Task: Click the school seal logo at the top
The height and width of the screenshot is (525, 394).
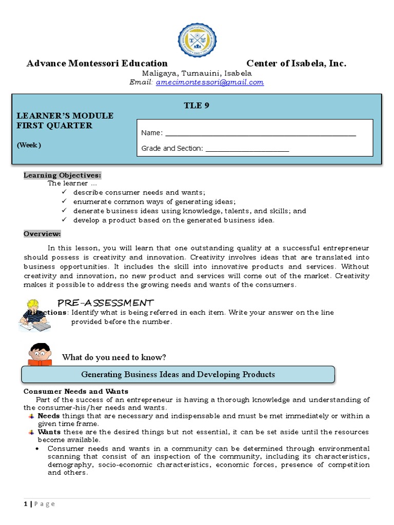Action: click(x=197, y=40)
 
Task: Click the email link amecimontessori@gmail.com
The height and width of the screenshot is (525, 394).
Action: click(x=210, y=82)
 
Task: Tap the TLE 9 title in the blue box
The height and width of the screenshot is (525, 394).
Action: click(x=196, y=106)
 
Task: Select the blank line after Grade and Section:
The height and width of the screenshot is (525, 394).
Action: click(x=247, y=149)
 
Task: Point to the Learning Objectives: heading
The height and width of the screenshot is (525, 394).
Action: click(x=62, y=175)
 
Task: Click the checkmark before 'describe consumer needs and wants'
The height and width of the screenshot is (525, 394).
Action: click(x=64, y=192)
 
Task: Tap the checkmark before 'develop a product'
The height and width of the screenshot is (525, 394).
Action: click(x=64, y=220)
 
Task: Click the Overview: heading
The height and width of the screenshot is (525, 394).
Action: click(x=42, y=234)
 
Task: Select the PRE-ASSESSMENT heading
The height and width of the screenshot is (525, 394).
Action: click(x=105, y=302)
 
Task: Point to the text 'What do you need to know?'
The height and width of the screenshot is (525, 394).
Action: click(x=114, y=357)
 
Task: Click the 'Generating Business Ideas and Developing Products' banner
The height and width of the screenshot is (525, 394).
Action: click(x=178, y=374)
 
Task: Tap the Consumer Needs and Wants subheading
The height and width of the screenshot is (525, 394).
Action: click(x=76, y=392)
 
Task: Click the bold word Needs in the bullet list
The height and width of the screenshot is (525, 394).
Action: click(x=49, y=416)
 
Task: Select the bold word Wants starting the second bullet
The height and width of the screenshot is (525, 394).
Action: click(x=49, y=432)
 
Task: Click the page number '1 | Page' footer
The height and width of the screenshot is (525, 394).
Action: click(x=39, y=504)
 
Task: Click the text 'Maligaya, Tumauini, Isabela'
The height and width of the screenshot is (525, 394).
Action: click(x=196, y=73)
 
